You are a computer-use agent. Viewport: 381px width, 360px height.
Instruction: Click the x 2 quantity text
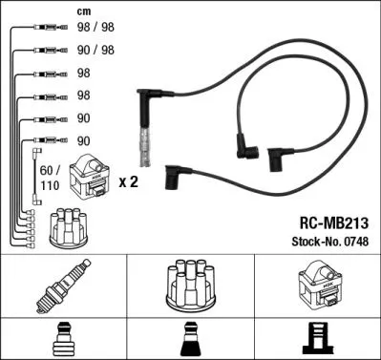[x=128, y=180]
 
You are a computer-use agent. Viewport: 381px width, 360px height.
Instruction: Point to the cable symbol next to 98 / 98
[x=43, y=30]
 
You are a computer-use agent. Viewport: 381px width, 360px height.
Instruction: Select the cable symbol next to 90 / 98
[x=43, y=51]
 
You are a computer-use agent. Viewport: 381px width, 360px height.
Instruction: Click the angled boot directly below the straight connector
[x=176, y=178]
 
